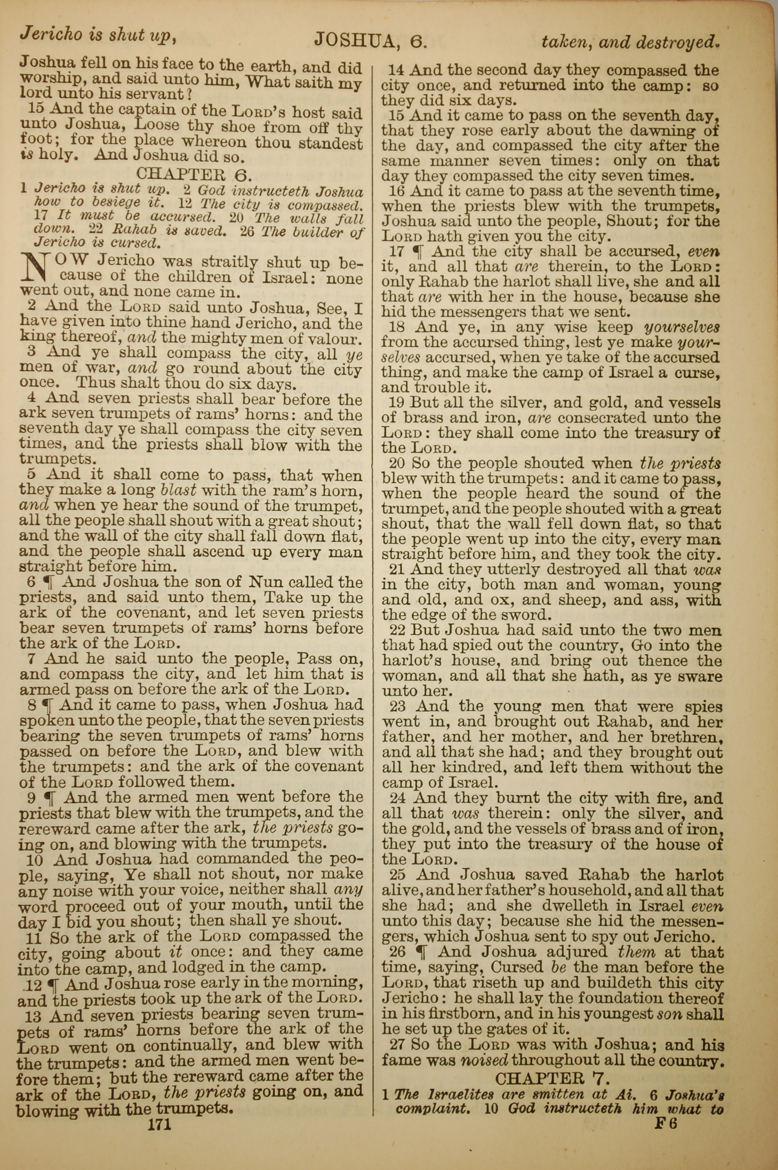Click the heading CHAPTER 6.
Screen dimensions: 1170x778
point(194,174)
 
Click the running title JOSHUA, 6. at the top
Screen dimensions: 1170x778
point(371,40)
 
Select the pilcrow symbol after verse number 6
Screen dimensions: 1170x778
point(49,581)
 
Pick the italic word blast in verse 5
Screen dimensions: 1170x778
point(178,490)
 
